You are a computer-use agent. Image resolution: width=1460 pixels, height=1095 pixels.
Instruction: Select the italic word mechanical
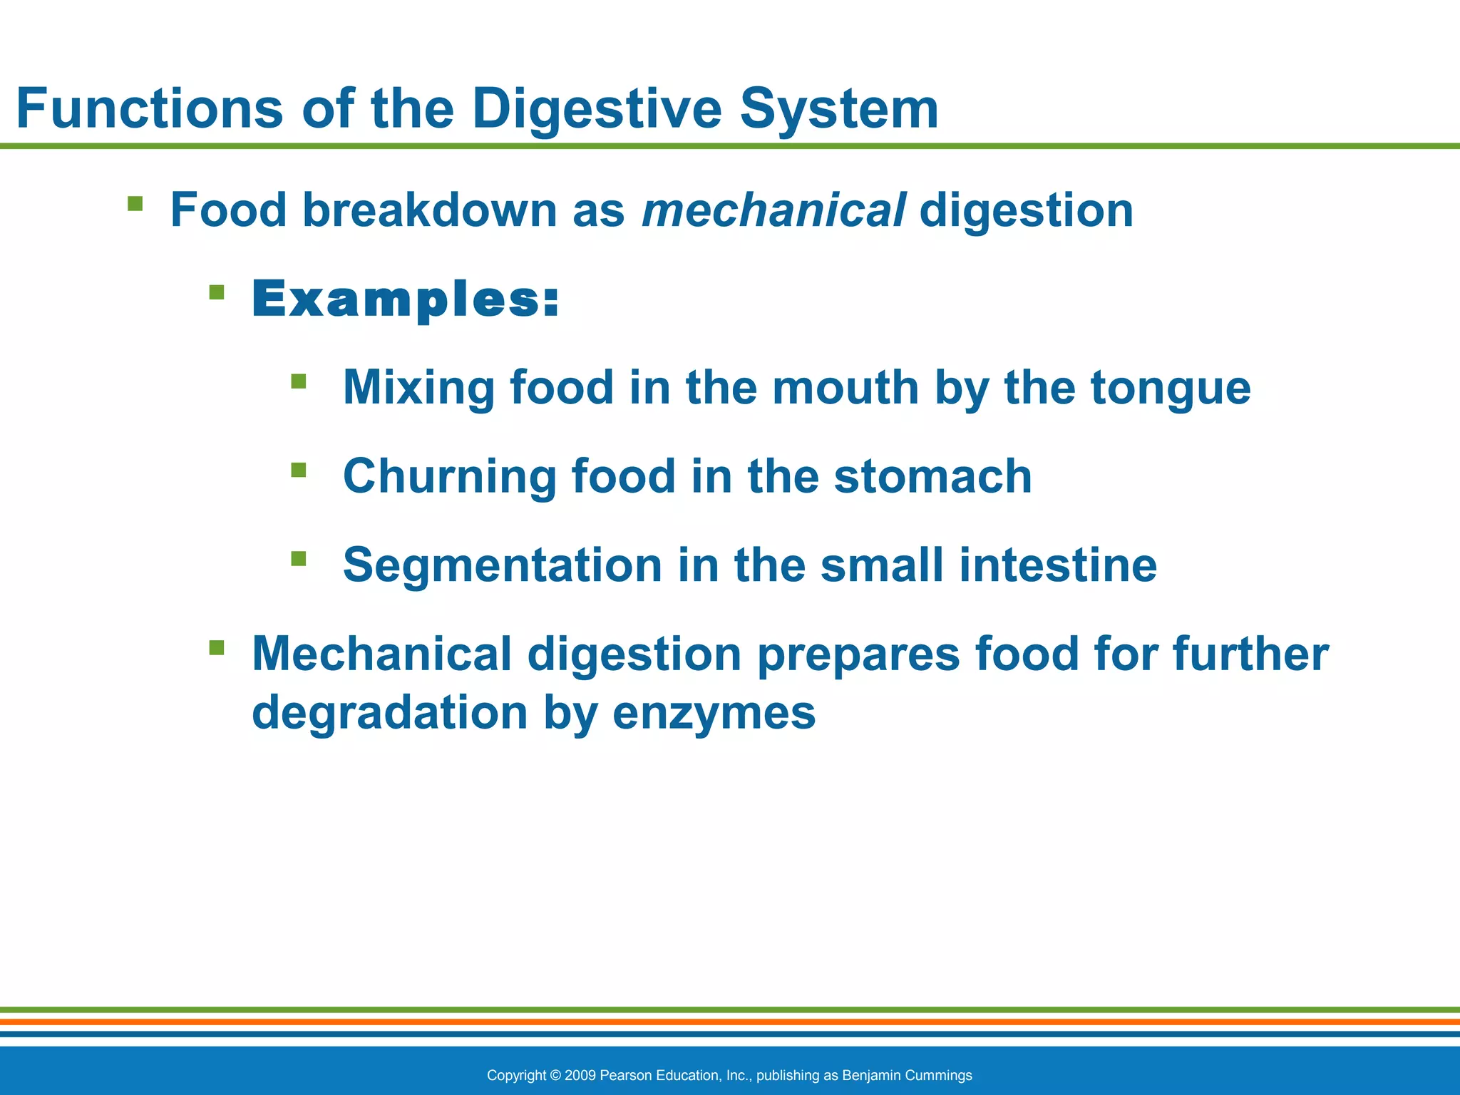pyautogui.click(x=774, y=210)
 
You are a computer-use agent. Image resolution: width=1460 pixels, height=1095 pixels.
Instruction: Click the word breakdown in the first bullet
pyautogui.click(x=429, y=210)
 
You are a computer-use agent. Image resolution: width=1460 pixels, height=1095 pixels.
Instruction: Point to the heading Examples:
pyautogui.click(x=406, y=299)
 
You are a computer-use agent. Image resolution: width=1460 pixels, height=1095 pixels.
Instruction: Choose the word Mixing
pyautogui.click(x=418, y=388)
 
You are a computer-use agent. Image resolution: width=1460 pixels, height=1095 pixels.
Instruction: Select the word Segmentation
pyautogui.click(x=503, y=565)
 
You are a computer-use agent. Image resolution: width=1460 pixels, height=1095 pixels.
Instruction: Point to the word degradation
pyautogui.click(x=390, y=713)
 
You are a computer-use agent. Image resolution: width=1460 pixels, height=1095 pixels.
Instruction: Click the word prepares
pyautogui.click(x=858, y=654)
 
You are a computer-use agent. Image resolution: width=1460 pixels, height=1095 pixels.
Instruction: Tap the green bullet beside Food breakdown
pyautogui.click(x=135, y=205)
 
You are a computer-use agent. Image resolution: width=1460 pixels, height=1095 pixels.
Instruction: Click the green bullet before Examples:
pyautogui.click(x=217, y=292)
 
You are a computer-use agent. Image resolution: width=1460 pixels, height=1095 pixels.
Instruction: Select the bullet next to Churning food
pyautogui.click(x=299, y=470)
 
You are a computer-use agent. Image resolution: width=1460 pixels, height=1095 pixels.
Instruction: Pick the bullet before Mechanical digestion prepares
pyautogui.click(x=217, y=647)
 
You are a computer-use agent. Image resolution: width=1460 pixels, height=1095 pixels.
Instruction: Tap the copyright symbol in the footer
pyautogui.click(x=555, y=1075)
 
